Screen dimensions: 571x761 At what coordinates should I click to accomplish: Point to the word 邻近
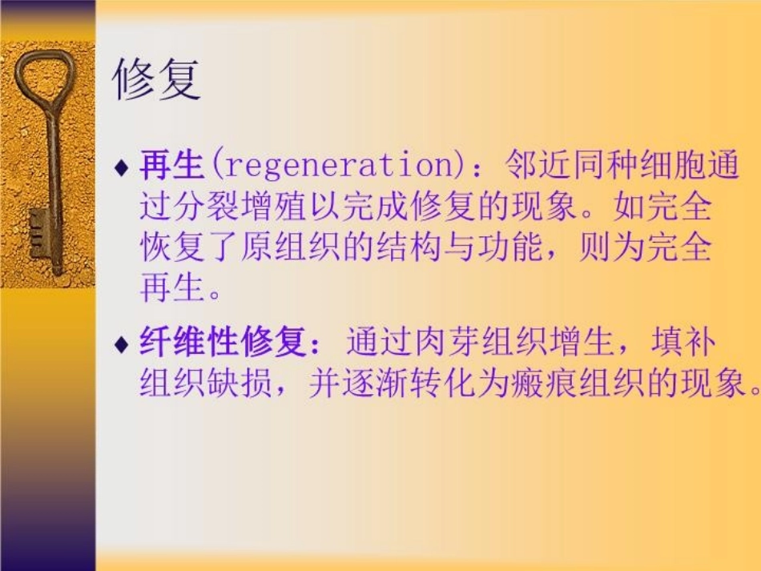[x=532, y=167]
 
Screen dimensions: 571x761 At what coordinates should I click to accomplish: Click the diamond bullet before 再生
[x=122, y=168]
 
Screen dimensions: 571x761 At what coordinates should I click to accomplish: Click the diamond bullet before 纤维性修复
[x=122, y=346]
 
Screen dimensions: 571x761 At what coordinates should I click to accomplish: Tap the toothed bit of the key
[x=38, y=231]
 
